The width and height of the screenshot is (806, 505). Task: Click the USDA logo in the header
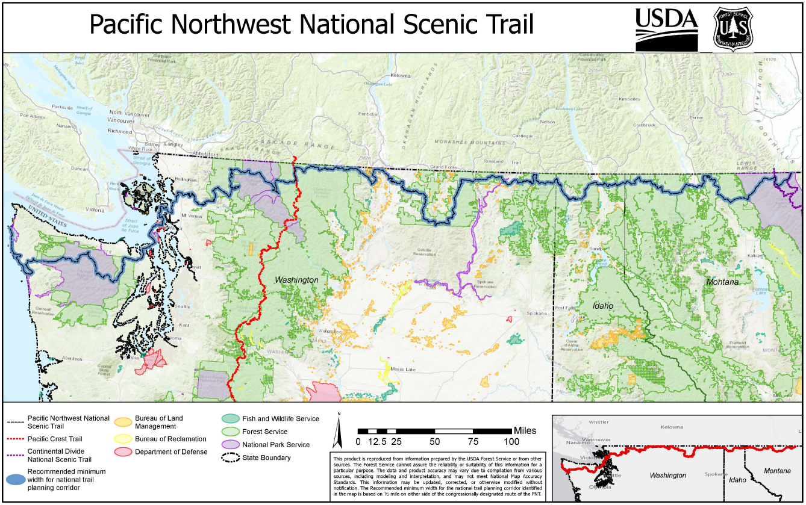[666, 29]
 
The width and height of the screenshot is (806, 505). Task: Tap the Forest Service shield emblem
[733, 28]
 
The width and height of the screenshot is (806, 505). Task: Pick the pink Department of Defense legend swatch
[123, 452]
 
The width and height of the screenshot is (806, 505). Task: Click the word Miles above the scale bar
[525, 431]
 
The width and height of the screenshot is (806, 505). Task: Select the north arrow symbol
[339, 431]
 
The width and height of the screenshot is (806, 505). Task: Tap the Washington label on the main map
[296, 280]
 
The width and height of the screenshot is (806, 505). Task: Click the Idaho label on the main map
[602, 306]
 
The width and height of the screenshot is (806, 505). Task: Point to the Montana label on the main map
[722, 282]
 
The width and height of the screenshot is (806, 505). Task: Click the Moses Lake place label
[401, 369]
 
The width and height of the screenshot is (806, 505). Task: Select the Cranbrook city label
[644, 125]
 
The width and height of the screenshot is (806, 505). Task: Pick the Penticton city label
[367, 114]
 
